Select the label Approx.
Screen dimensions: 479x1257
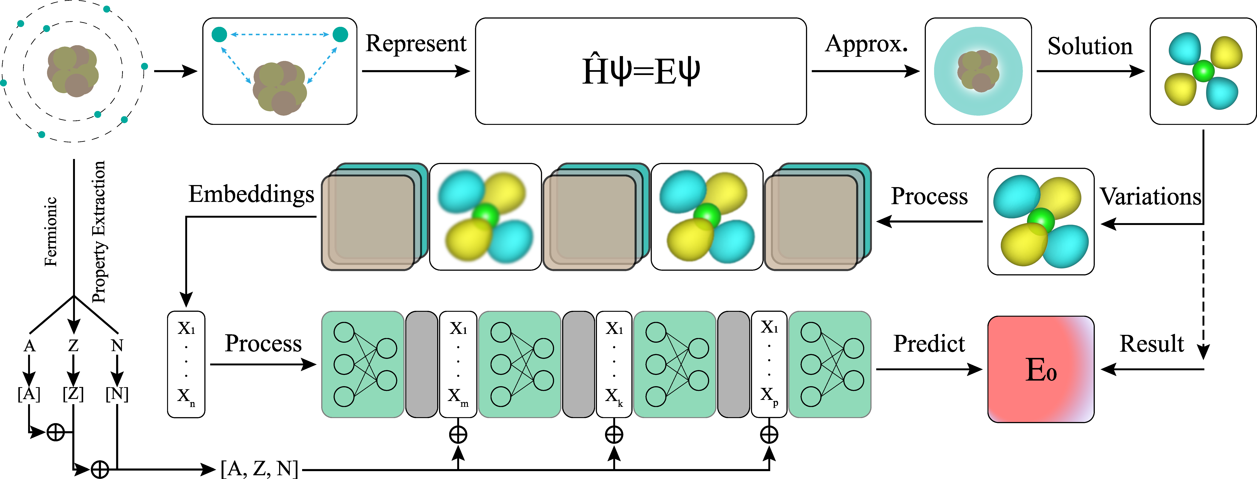pyautogui.click(x=866, y=44)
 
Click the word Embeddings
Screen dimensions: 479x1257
pyautogui.click(x=251, y=194)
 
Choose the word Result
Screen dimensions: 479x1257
pyautogui.click(x=1152, y=344)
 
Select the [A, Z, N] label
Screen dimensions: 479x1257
pyautogui.click(x=259, y=469)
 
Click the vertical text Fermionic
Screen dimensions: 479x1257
pyautogui.click(x=51, y=232)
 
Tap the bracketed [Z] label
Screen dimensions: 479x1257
pyautogui.click(x=73, y=394)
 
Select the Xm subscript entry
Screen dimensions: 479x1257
pyautogui.click(x=458, y=397)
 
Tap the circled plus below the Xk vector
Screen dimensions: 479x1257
pyautogui.click(x=614, y=434)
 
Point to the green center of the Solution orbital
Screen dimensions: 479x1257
pyautogui.click(x=1203, y=71)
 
